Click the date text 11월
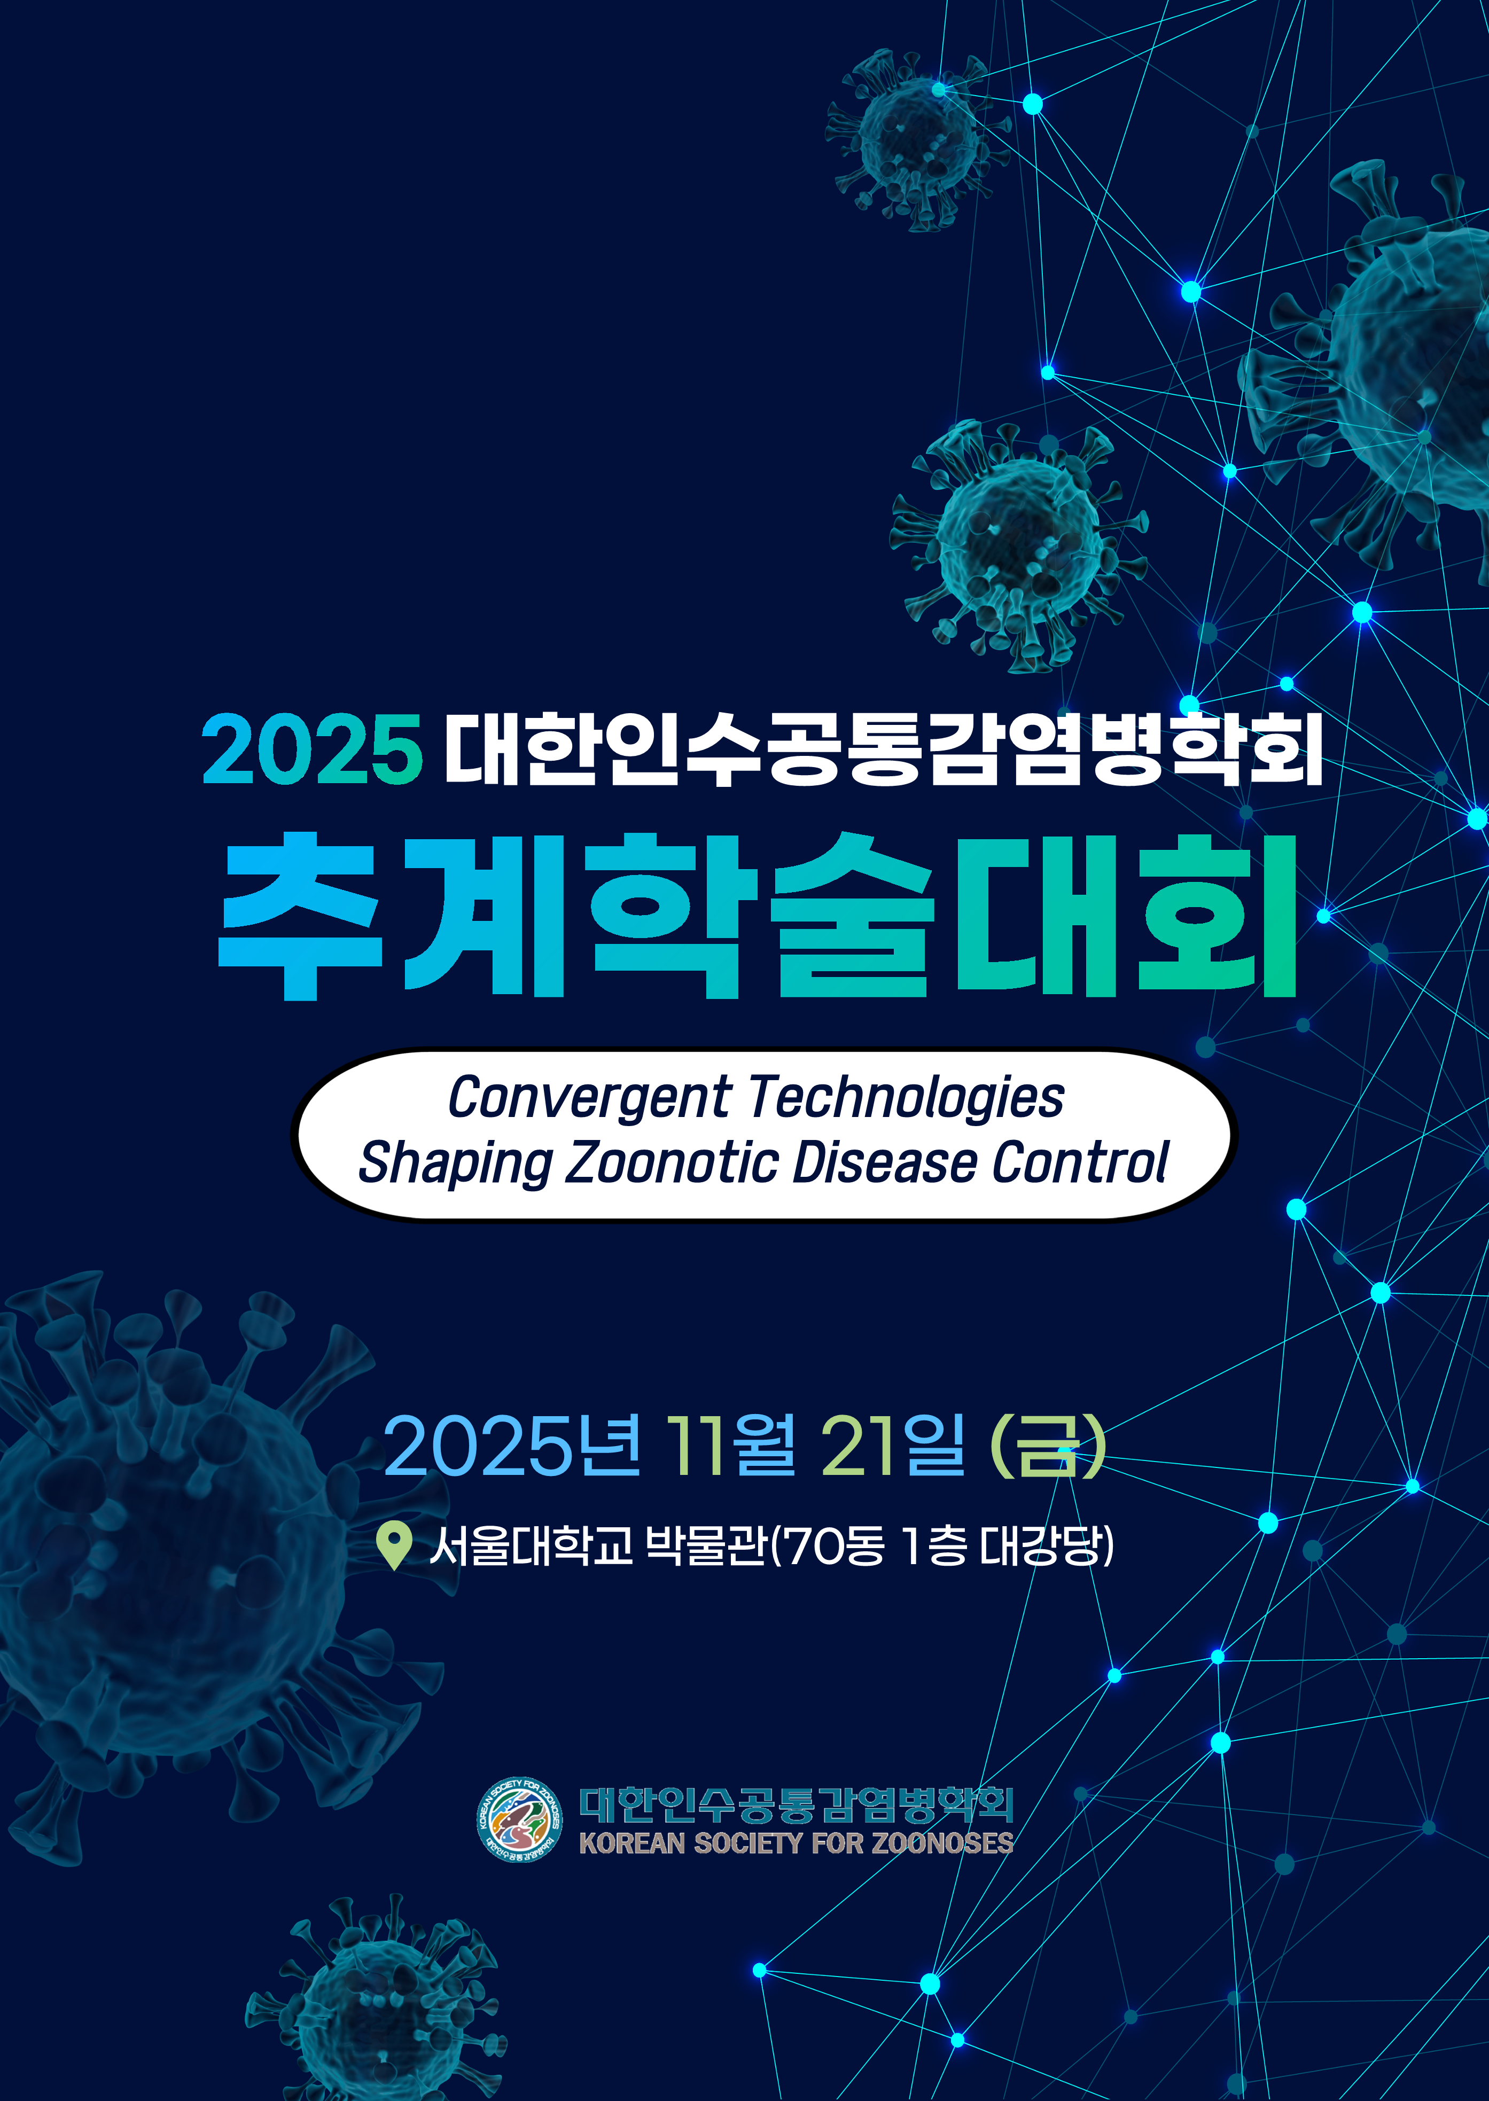point(731,1444)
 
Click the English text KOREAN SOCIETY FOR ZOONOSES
point(796,1842)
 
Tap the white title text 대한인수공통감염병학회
point(883,750)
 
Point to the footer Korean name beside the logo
point(796,1803)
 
